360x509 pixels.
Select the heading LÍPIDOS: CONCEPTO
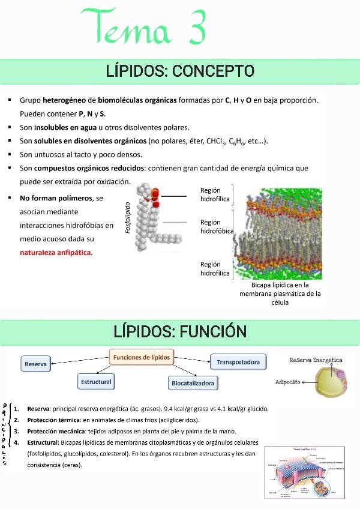pos(180,71)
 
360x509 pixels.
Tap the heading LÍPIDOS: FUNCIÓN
pos(180,331)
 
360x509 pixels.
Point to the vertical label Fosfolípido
pos(127,217)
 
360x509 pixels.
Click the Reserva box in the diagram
pos(36,364)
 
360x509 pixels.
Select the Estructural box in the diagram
pos(96,382)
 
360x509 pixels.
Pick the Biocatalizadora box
pos(193,383)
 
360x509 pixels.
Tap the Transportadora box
pos(238,362)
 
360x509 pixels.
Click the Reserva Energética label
pos(316,360)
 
